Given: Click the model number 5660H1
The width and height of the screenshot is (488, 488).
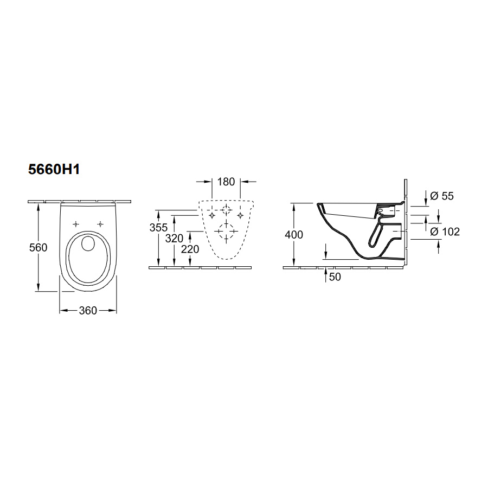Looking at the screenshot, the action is pos(54,169).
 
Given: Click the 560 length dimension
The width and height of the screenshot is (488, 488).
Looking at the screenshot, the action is pos(38,248).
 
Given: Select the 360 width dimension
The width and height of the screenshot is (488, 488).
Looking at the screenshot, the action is pos(88,310).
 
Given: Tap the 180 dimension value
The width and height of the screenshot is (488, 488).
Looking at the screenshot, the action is pos(226,182).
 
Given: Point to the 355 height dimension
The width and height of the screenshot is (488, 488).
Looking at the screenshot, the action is pos(158,228).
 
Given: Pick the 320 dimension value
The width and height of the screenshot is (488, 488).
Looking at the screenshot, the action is pos(174,239).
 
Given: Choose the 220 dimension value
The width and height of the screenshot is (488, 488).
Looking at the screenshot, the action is pos(190,249).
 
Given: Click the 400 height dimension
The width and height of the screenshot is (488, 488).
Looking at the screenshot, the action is pos(294,234).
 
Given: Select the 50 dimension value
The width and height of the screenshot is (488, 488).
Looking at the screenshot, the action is pos(335,277).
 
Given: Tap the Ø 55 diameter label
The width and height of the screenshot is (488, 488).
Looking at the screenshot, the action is pos(441,196).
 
